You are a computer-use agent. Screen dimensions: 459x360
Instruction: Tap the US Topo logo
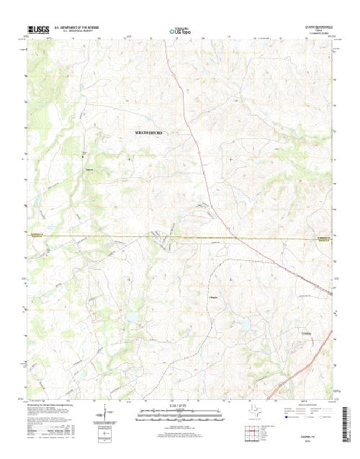pyautogui.click(x=179, y=32)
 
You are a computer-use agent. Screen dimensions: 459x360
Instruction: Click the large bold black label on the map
pyautogui.click(x=149, y=133)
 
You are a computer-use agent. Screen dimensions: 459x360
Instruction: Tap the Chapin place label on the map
pyautogui.click(x=213, y=296)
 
